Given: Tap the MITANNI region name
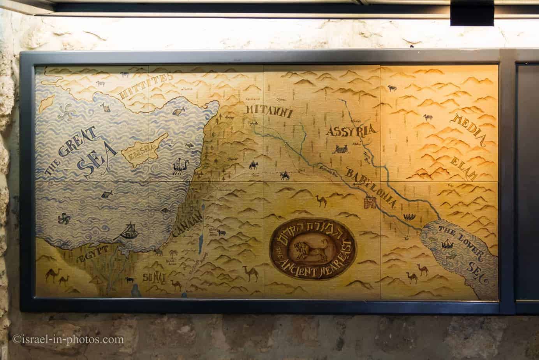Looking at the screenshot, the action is (268, 111).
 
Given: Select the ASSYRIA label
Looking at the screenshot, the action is (352, 131).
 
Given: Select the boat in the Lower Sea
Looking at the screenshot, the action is (448, 244).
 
